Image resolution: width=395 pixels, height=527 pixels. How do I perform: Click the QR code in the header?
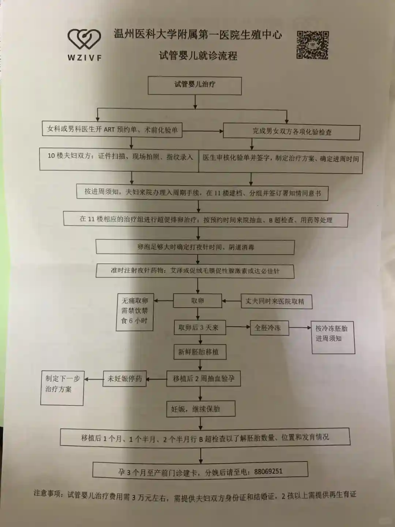[312, 45]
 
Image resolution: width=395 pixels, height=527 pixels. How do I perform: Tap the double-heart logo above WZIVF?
[84, 40]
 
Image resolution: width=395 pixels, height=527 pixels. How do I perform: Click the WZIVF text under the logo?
[84, 57]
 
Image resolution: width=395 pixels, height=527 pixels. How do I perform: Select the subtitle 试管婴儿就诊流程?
[198, 56]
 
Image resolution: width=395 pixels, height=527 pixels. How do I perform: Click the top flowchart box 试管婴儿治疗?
[195, 85]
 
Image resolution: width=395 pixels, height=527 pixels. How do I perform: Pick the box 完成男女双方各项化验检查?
[291, 132]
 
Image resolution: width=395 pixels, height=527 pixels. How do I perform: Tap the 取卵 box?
[197, 301]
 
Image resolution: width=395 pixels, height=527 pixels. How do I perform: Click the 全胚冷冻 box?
[268, 328]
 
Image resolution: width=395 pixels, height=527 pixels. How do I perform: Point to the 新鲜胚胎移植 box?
[199, 352]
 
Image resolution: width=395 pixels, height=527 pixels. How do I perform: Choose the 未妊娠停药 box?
[125, 379]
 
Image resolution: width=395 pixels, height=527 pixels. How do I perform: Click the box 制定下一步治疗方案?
[62, 388]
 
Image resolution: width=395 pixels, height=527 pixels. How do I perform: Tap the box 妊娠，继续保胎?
[200, 409]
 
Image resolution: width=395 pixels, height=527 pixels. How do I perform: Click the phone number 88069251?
[268, 471]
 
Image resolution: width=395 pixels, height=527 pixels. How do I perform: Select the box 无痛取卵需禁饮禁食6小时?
[135, 312]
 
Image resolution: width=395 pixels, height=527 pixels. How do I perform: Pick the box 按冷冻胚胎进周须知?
[333, 337]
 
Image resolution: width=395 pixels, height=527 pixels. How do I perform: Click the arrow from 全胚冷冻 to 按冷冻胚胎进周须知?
[300, 328]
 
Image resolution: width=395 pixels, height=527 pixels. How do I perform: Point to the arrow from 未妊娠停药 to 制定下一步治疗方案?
[94, 379]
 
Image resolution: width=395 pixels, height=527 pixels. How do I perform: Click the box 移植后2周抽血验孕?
[204, 379]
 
